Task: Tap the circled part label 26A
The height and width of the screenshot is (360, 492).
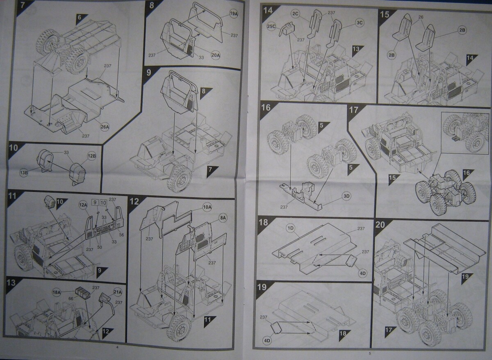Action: [105, 127]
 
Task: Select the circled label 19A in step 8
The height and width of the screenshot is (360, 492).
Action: [233, 14]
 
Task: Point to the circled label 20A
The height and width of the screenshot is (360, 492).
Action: [216, 55]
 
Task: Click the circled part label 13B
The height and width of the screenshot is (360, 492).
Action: [24, 173]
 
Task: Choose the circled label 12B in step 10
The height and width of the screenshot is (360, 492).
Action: [91, 156]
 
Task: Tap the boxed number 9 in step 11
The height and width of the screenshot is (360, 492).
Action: [95, 202]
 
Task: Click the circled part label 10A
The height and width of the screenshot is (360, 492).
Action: [207, 207]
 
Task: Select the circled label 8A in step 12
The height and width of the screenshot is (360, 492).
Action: [223, 218]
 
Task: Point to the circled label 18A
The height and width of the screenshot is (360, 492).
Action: [57, 292]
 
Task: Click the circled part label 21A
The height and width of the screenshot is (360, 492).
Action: [118, 292]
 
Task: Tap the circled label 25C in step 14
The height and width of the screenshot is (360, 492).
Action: [271, 27]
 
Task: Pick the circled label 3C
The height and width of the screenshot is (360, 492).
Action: [359, 23]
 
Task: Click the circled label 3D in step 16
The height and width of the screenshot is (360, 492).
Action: [346, 196]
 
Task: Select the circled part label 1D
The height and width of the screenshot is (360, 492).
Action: [290, 228]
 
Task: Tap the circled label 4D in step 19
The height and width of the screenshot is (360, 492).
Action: [267, 341]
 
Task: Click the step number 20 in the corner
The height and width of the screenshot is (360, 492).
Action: [380, 225]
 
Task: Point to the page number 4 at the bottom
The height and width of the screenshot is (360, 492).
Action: [117, 347]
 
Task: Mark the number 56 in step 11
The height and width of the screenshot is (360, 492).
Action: [121, 235]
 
